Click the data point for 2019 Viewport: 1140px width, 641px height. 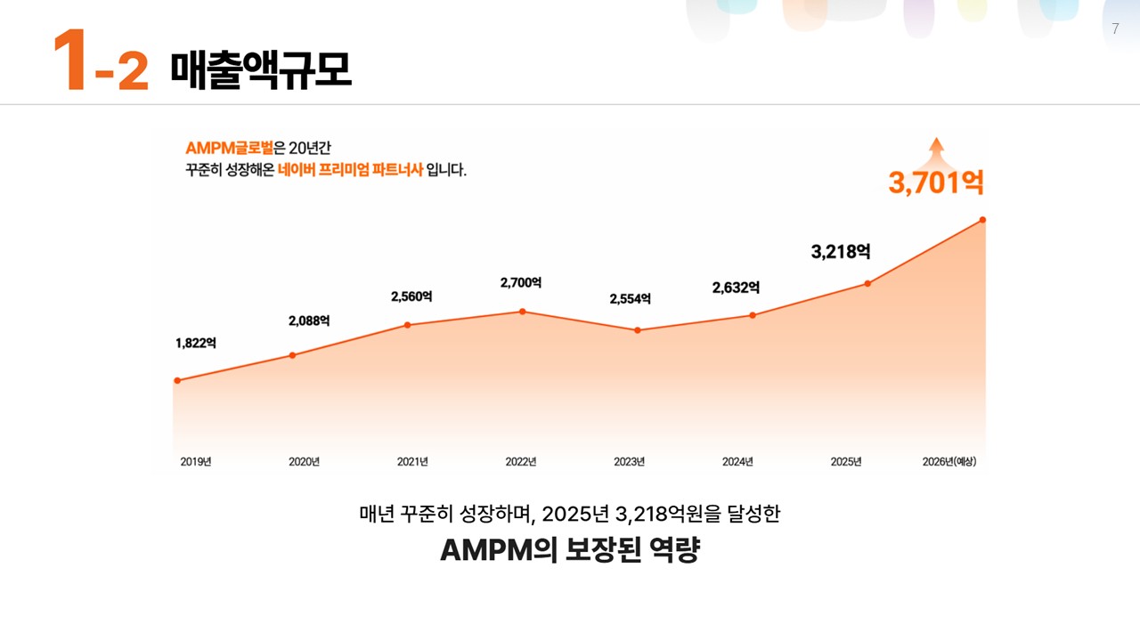pos(177,380)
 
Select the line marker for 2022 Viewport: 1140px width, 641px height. pos(523,312)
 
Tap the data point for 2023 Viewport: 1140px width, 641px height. pos(638,330)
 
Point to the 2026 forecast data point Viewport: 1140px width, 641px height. pos(982,219)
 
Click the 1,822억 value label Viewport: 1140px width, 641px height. pos(195,343)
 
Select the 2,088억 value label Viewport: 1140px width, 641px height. pos(309,320)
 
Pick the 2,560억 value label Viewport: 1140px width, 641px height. pos(411,296)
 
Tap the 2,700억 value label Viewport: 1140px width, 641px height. pos(521,282)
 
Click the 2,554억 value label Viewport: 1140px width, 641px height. pos(630,299)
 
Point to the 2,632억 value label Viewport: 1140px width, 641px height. pos(736,288)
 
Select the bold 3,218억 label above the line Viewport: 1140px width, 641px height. pos(840,252)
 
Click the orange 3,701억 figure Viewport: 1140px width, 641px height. pos(935,183)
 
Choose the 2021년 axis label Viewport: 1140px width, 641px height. pos(412,461)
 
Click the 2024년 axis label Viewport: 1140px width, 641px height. pos(737,461)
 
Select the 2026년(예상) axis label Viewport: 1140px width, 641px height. pos(949,461)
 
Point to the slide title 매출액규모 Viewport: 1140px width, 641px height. pos(260,70)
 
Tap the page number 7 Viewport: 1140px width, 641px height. pos(1115,29)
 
